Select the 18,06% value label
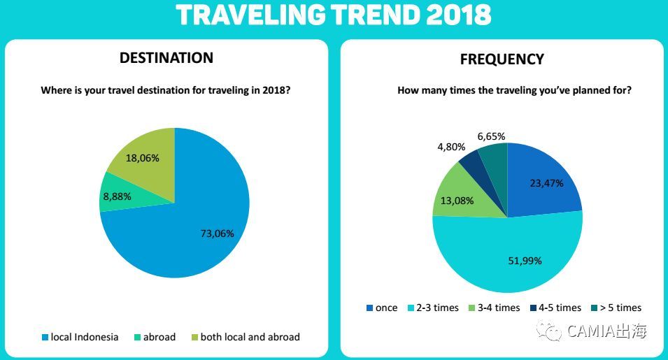(142, 158)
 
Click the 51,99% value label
(525, 261)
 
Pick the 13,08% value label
(457, 201)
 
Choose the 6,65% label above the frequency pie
(492, 136)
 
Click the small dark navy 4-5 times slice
(471, 164)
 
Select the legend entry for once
(381, 308)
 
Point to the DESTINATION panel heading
(166, 58)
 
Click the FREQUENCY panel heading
(502, 59)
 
